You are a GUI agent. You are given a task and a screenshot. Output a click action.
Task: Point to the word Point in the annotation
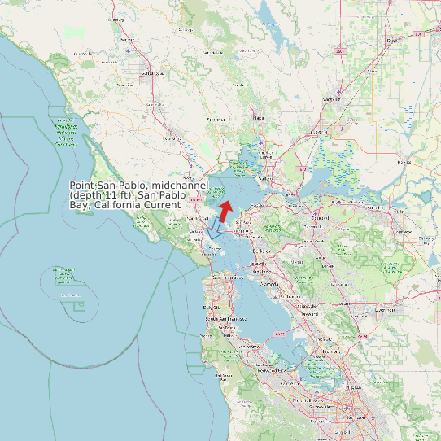pos(83,186)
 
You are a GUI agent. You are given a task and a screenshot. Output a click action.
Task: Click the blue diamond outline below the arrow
pos(214,232)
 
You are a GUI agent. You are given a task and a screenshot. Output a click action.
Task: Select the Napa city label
pos(259,118)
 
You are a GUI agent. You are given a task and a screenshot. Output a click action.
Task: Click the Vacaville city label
pos(331,99)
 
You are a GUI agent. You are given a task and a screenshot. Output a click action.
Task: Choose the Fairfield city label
pos(318,132)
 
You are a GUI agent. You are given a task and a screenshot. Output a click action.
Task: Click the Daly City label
pos(212,308)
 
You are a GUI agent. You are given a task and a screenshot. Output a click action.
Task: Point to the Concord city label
pos(321,218)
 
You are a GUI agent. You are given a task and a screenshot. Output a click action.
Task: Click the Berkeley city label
pos(265,251)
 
